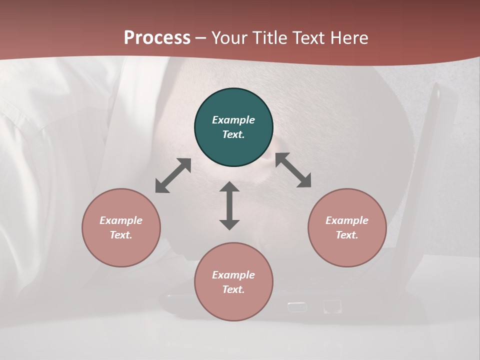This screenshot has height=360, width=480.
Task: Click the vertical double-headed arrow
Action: [229, 205]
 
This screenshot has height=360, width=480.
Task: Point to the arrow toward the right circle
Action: [293, 170]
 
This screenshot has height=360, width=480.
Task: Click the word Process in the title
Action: [157, 37]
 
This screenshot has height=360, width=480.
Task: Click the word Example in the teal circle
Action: [233, 120]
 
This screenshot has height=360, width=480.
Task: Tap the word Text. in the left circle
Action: [121, 235]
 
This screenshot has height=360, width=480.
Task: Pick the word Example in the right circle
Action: [347, 220]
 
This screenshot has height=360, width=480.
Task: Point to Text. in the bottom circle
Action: [233, 289]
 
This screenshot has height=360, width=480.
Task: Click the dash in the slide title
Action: [201, 38]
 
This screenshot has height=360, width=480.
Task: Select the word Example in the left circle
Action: [121, 220]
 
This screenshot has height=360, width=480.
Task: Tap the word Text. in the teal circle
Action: [233, 134]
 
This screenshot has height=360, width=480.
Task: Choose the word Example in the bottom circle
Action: [233, 275]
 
